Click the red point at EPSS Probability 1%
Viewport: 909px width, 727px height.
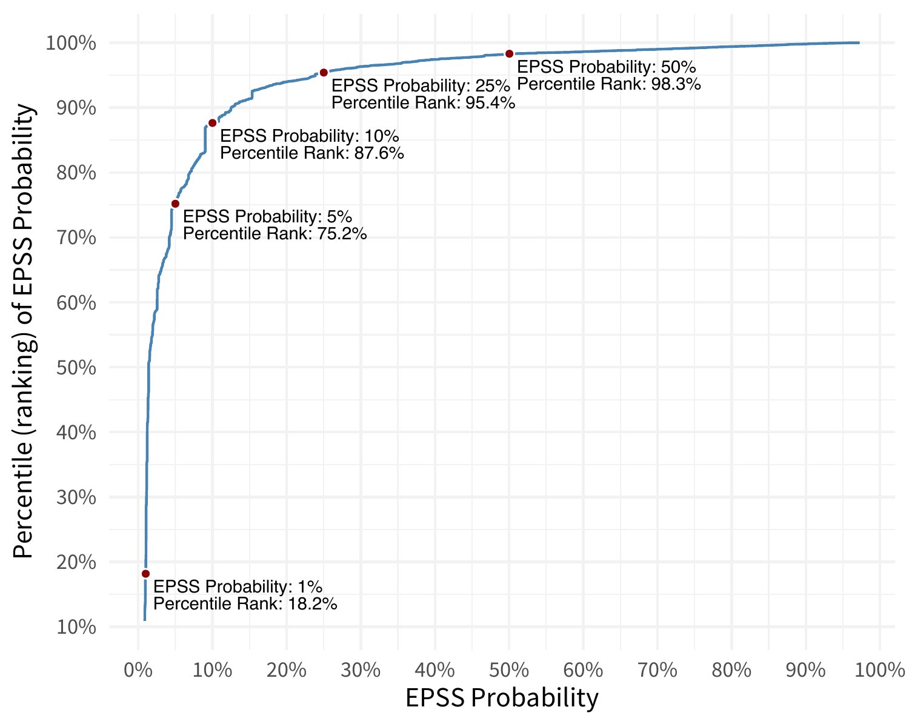[x=145, y=574]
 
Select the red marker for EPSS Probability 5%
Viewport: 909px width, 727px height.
[x=175, y=204]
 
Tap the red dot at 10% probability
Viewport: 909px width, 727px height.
[x=212, y=123]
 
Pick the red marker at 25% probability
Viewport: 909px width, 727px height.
[x=324, y=73]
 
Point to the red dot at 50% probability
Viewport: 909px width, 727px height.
[x=509, y=54]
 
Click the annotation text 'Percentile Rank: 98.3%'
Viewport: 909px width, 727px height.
[x=608, y=84]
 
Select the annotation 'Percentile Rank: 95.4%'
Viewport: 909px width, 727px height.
[x=423, y=103]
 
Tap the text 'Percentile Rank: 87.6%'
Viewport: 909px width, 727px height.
[x=311, y=153]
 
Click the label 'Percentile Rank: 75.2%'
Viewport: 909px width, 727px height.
[x=275, y=234]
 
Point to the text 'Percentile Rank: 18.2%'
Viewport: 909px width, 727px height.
[x=245, y=604]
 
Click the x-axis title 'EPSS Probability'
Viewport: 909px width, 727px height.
[x=501, y=698]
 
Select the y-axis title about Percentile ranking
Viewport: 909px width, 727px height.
[x=24, y=331]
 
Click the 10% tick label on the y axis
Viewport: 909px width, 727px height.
[x=76, y=627]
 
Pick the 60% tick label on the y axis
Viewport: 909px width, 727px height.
[x=76, y=303]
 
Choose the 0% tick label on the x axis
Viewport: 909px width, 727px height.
[x=138, y=670]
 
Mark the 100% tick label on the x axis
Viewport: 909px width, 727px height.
[x=880, y=670]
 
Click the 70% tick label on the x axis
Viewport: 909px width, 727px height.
[x=658, y=670]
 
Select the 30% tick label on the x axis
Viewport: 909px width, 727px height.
[x=361, y=670]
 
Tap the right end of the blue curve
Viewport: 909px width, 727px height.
[x=858, y=42]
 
